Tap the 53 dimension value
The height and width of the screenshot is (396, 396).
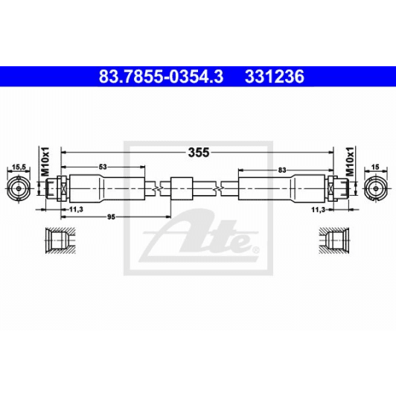(102, 167)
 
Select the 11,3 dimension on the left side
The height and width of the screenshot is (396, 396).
(75, 211)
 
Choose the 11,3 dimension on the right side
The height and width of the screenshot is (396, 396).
(318, 211)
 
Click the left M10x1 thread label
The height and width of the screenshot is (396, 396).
(45, 160)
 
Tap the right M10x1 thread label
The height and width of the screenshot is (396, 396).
(351, 160)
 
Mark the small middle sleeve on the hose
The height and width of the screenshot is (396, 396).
(182, 188)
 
